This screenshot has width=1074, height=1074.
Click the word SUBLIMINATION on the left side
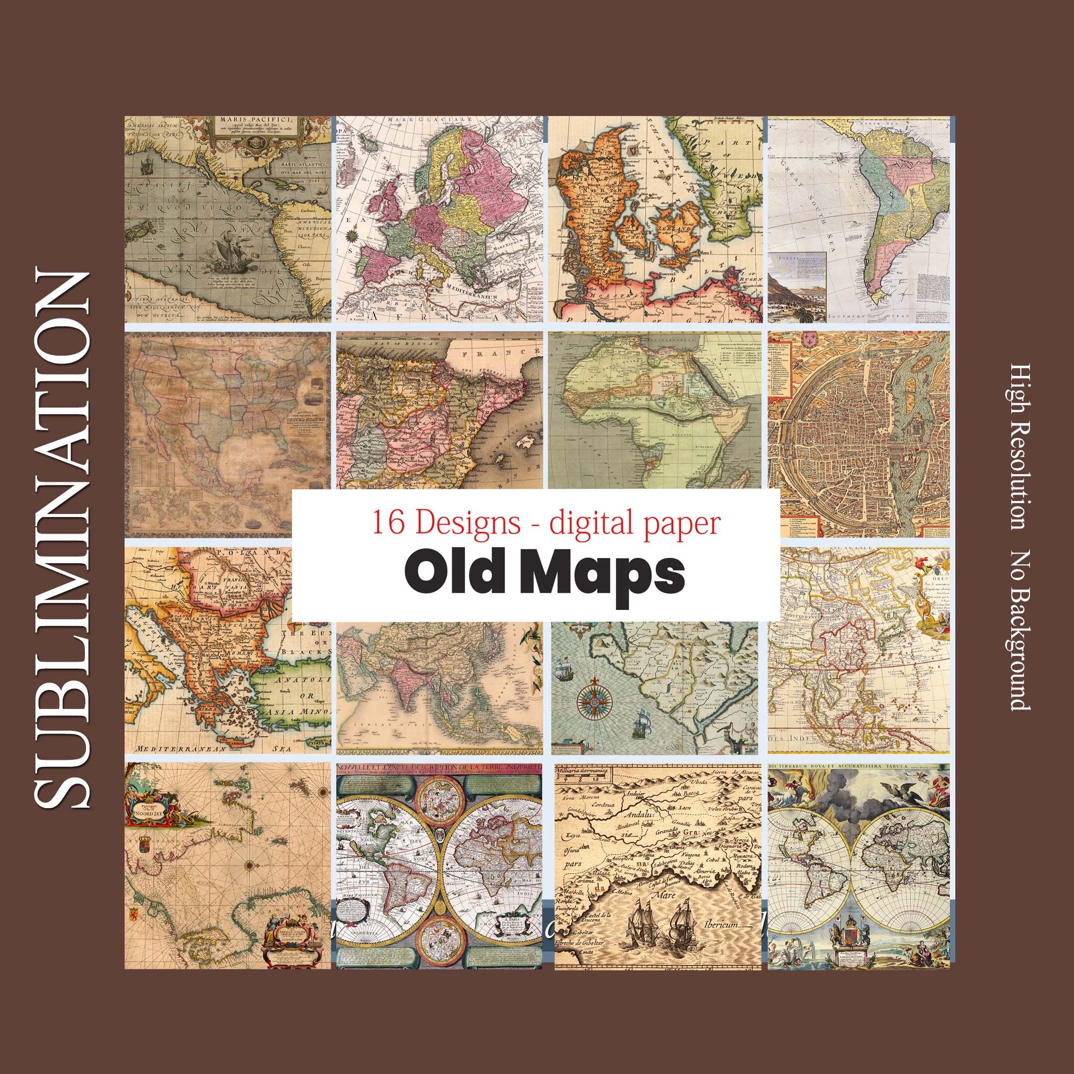click(x=63, y=539)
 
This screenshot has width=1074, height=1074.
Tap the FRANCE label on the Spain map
click(x=511, y=352)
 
